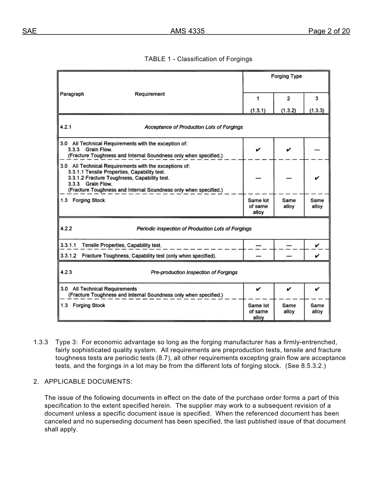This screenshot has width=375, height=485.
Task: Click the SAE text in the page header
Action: click(29, 32)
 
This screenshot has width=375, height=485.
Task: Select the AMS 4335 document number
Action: click(187, 32)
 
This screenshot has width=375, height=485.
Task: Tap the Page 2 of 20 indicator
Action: click(329, 32)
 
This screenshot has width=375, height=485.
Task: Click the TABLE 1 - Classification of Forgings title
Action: click(198, 59)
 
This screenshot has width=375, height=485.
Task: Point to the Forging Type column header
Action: click(286, 76)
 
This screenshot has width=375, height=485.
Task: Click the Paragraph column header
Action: click(72, 94)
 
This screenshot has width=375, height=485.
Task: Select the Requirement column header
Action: click(150, 94)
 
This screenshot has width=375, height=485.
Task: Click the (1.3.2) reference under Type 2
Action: click(289, 111)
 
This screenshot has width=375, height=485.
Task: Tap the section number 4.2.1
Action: click(66, 127)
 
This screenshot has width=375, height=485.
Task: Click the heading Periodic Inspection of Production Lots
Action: click(194, 229)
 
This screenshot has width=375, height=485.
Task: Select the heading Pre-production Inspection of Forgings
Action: click(194, 272)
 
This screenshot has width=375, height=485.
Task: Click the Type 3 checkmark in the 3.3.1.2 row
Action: click(317, 256)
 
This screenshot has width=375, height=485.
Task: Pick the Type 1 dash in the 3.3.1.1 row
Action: click(258, 246)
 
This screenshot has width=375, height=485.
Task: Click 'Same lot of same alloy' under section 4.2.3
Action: click(258, 312)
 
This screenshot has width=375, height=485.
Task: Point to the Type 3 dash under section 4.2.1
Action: click(317, 150)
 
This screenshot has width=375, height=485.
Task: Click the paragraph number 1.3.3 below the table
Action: click(41, 342)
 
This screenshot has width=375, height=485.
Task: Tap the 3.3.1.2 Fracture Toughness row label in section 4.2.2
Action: click(138, 256)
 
